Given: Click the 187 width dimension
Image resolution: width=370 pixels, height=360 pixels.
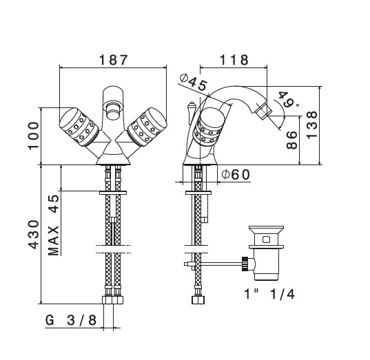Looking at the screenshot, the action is (113, 60).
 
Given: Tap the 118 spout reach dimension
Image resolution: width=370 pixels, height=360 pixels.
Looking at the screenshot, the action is (234, 60).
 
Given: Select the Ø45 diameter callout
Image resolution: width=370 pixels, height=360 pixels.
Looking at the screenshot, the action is (194, 82).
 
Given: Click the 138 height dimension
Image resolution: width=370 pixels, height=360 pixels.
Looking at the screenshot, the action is (312, 125).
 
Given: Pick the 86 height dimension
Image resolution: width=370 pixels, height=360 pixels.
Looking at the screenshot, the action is (292, 140).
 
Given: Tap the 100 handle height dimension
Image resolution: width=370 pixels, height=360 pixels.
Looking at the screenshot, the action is (34, 136).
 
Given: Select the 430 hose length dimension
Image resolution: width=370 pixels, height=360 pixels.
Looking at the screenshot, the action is (34, 235).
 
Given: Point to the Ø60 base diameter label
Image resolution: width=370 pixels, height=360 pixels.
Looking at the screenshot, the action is (235, 175).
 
